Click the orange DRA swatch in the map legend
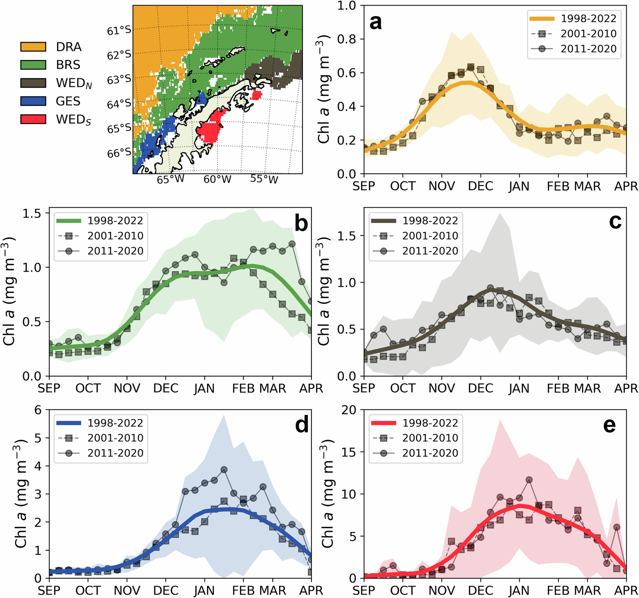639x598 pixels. [x=33, y=47]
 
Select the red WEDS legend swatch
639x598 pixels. [x=33, y=119]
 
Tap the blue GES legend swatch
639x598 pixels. [x=33, y=101]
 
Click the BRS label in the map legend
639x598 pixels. [x=68, y=65]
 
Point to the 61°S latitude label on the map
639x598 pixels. [x=119, y=31]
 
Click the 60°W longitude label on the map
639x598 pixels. [x=217, y=179]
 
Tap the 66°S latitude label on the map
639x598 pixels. [x=119, y=153]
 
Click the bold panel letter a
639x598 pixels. [x=376, y=22]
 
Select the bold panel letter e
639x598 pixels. [x=610, y=425]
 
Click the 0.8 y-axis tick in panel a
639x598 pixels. [x=346, y=39]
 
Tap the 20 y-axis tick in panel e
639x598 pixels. [x=349, y=410]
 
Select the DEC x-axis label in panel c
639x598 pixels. [x=481, y=388]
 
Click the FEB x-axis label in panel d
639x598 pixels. [x=244, y=591]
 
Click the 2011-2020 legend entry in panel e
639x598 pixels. [x=430, y=453]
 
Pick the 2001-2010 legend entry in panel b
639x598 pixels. [x=115, y=236]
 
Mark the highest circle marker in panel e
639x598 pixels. [x=529, y=480]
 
